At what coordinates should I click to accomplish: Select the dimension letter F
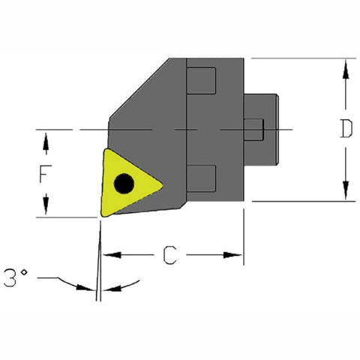pyautogui.click(x=46, y=174)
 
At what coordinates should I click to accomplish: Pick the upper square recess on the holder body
pyautogui.click(x=202, y=81)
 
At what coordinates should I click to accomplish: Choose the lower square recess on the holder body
pyautogui.click(x=202, y=178)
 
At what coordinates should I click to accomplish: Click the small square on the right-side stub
pyautogui.click(x=255, y=129)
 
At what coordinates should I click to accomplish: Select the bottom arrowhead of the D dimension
pyautogui.click(x=345, y=193)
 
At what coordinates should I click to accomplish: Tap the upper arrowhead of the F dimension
pyautogui.click(x=46, y=138)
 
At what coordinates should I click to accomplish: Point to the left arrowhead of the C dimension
pyautogui.click(x=107, y=256)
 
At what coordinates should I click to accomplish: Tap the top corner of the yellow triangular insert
pyautogui.click(x=107, y=150)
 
